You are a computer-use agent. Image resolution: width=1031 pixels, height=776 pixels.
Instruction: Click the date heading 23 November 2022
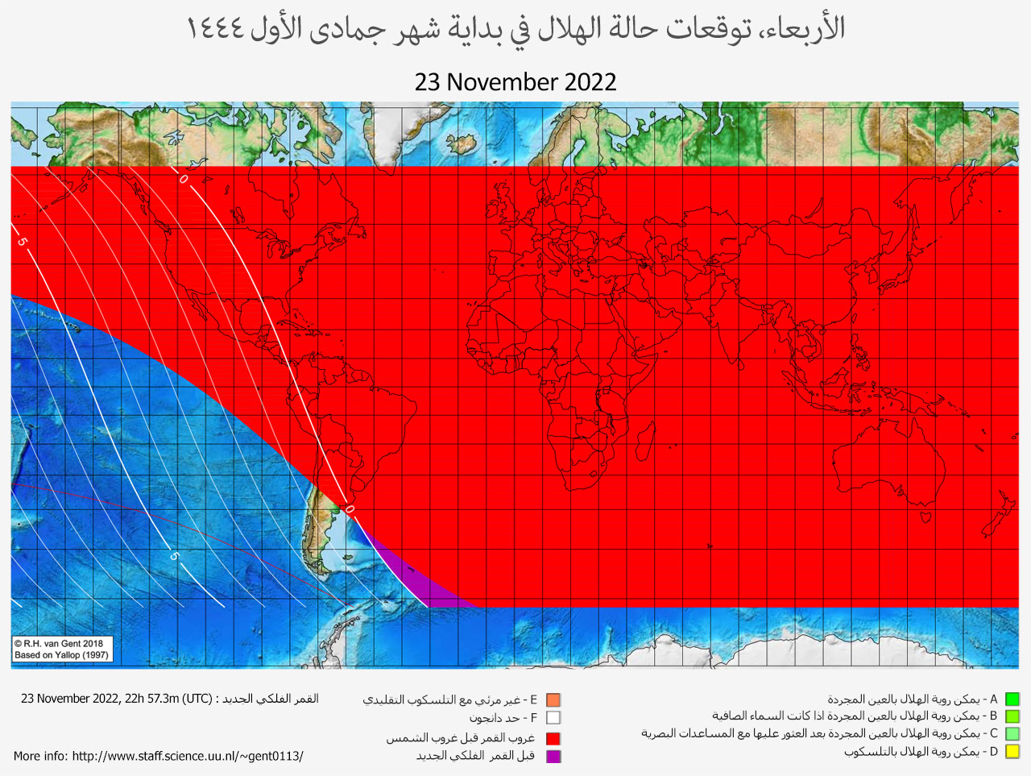[x=515, y=82]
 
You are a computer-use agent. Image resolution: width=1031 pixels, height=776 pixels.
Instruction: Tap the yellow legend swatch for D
[x=1012, y=752]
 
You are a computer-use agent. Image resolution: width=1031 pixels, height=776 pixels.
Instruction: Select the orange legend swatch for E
[x=553, y=700]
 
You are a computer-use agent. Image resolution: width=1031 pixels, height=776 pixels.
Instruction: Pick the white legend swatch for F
[x=553, y=718]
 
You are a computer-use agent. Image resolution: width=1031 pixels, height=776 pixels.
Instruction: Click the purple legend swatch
[x=553, y=756]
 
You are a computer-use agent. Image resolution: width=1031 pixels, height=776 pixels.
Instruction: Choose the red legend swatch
[x=553, y=738]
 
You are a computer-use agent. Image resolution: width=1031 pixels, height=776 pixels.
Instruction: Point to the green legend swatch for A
[x=1012, y=699]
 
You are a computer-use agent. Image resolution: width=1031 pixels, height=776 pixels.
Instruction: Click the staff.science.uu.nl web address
[x=188, y=756]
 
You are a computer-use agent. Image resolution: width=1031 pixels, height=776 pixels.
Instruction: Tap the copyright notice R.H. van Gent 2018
[x=60, y=643]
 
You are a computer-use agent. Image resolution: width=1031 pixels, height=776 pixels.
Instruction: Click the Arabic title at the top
[x=515, y=28]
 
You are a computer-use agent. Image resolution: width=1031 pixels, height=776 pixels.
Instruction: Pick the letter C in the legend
[x=993, y=733]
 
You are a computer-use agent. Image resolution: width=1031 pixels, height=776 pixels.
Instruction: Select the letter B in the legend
[x=993, y=716]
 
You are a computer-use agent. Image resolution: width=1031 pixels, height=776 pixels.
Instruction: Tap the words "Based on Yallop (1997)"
[x=61, y=655]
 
